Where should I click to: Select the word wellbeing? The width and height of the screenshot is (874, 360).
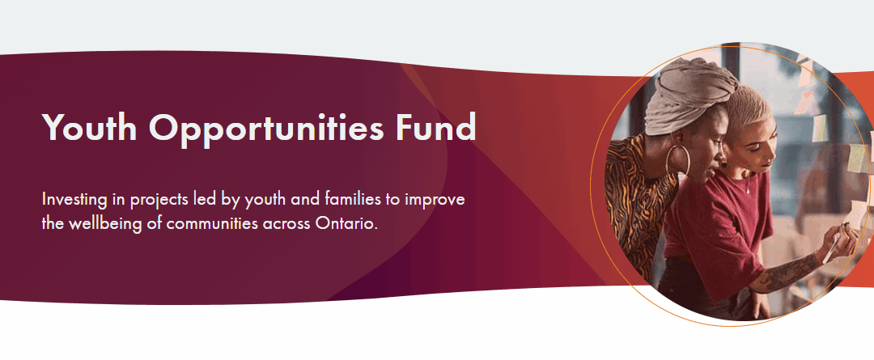click(112, 222)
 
